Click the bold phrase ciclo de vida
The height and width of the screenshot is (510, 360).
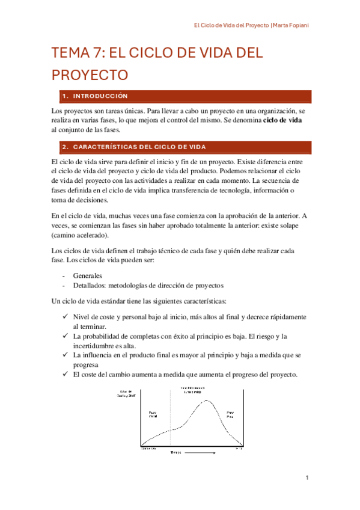pyautogui.click(x=282, y=120)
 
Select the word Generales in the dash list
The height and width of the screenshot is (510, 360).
pyautogui.click(x=88, y=275)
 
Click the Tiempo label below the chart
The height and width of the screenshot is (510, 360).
pyautogui.click(x=175, y=452)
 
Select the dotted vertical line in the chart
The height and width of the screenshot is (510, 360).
pyautogui.click(x=171, y=421)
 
